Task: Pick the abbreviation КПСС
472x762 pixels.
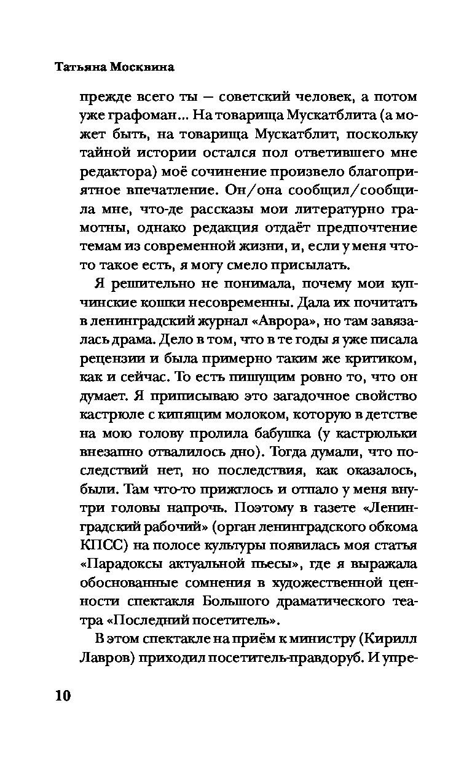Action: [x=96, y=546]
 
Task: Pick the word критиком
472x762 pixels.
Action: [x=383, y=358]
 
